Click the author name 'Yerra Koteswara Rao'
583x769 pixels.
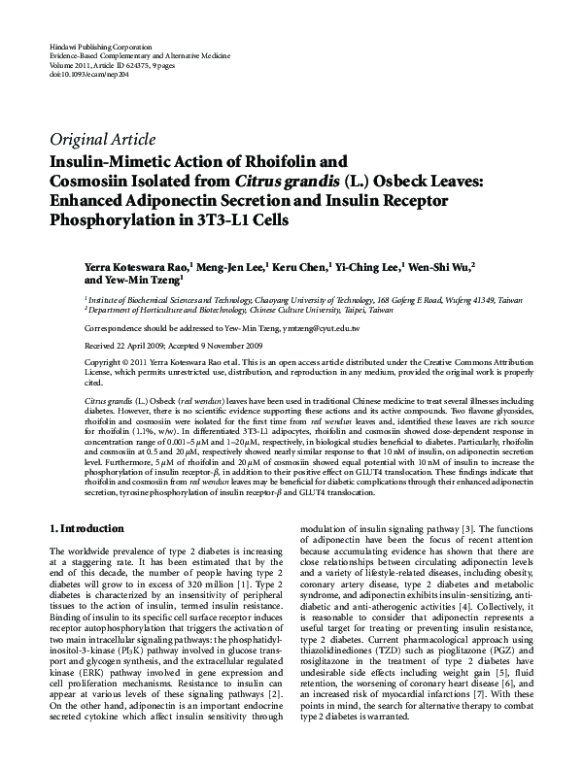coord(135,264)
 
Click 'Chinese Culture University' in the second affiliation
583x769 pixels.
coord(312,311)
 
